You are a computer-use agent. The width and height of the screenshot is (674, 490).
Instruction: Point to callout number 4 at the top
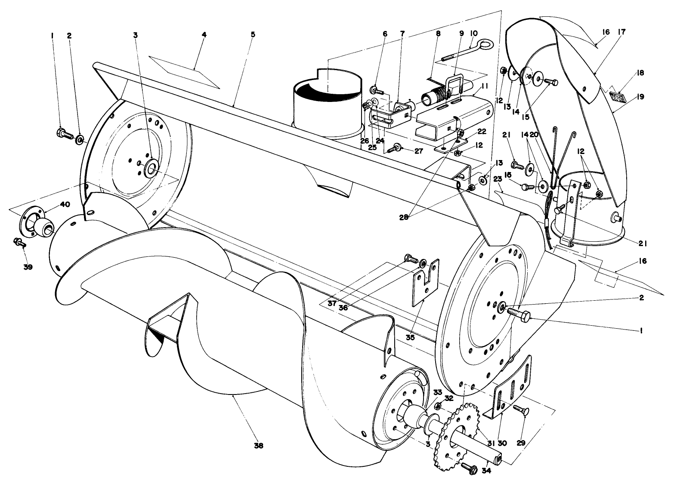(204, 35)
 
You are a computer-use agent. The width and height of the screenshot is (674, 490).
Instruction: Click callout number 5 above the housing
(253, 34)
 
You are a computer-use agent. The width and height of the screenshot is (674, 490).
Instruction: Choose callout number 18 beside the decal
(641, 73)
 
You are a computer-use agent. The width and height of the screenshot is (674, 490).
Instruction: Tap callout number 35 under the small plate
(410, 338)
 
